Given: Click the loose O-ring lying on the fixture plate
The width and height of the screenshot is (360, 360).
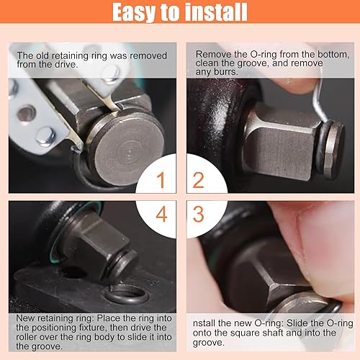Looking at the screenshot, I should pos(125,295).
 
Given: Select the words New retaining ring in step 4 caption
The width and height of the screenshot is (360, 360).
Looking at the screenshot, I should pos(52,318).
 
